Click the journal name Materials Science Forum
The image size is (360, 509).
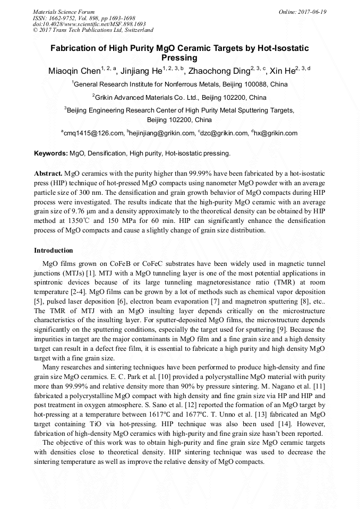tap(64, 12)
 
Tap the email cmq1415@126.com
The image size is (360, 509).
tap(96, 133)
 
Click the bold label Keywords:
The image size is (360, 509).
tap(51, 153)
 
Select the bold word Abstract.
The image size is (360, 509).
tap(48, 174)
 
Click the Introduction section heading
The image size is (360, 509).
tap(54, 250)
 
